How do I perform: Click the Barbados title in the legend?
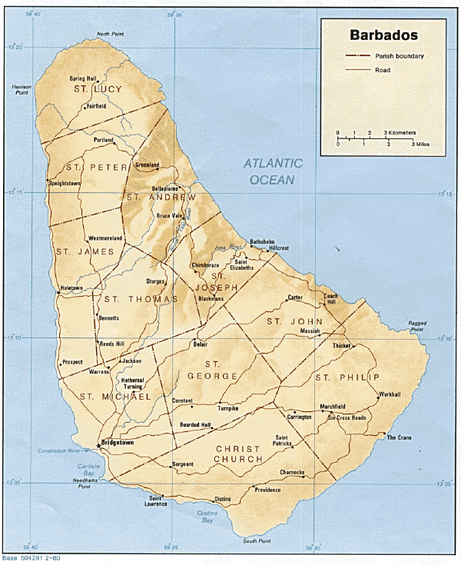coord(384,35)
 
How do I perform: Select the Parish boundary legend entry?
coord(400,57)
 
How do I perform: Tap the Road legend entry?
coord(383,70)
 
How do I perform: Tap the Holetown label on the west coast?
coord(71,288)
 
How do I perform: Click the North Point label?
coord(110,35)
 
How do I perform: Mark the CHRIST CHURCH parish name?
coord(239,454)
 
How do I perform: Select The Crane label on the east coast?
coord(399,437)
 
